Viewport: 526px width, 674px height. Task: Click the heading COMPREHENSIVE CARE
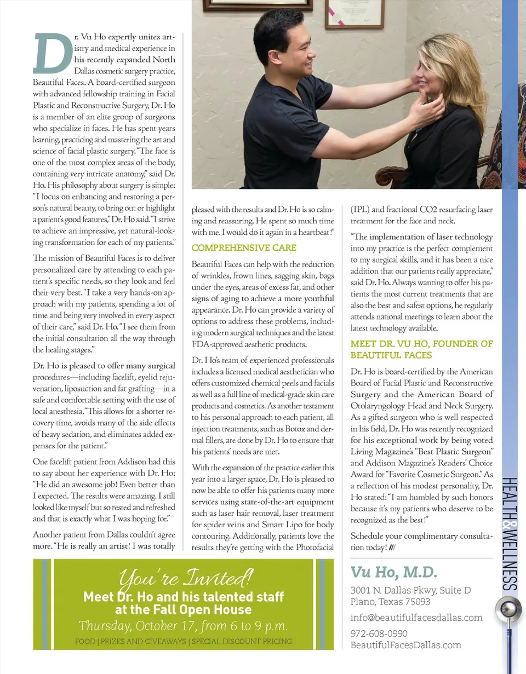coord(244,247)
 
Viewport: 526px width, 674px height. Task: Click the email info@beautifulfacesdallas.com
coord(416,618)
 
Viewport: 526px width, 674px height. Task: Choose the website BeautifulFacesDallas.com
coord(405,645)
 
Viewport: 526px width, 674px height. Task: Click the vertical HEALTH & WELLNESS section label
coord(509,537)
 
